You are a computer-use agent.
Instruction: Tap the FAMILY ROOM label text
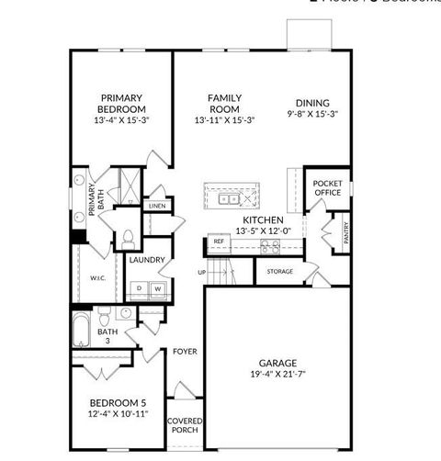coord(224,103)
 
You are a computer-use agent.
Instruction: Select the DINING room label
coord(312,103)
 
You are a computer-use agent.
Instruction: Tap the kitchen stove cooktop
coord(269,246)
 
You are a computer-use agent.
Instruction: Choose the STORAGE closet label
coord(280,272)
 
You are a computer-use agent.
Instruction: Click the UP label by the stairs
coord(201,272)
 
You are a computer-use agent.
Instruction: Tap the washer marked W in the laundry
coord(157,288)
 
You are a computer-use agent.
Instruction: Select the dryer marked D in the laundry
coord(140,288)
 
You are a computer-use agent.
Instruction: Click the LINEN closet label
coord(156,207)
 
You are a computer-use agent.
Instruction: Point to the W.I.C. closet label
coord(98,278)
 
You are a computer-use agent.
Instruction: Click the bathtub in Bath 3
coord(80,332)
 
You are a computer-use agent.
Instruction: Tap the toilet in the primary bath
coord(128,240)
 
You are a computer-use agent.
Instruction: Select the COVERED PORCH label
coord(185,426)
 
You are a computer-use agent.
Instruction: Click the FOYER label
coord(185,352)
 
